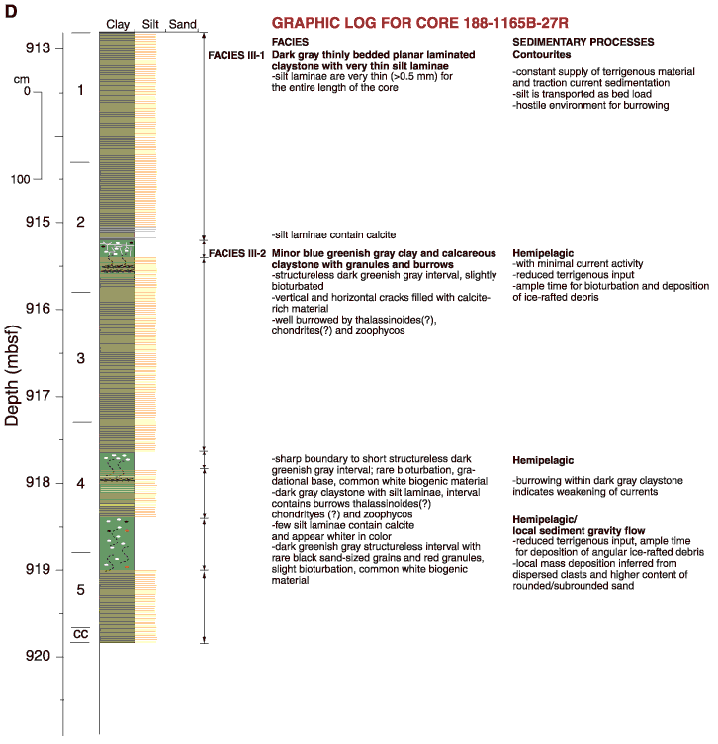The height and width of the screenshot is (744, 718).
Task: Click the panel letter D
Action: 11,11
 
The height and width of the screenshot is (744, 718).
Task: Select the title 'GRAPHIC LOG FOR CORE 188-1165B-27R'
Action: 419,23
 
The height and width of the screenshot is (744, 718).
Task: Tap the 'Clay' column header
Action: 118,24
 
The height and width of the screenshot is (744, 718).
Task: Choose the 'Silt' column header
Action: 150,24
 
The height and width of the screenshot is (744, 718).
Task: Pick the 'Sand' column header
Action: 183,24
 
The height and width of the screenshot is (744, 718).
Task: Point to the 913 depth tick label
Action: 38,47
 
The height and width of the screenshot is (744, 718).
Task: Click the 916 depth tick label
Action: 38,309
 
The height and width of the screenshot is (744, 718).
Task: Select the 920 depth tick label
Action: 38,656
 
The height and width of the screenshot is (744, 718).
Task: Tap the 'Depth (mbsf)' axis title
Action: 12,375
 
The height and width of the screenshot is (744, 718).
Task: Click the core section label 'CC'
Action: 81,634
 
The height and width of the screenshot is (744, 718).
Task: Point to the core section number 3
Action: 81,358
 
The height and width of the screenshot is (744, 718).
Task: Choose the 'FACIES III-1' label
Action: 236,56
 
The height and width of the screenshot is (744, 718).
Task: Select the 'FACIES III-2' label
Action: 237,254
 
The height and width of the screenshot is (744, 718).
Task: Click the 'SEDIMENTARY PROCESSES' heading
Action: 583,42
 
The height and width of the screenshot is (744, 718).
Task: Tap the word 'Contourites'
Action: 542,55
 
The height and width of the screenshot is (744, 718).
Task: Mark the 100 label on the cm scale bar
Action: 21,179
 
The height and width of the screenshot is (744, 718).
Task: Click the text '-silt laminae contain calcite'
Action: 333,234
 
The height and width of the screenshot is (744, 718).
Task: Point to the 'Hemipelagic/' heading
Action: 544,519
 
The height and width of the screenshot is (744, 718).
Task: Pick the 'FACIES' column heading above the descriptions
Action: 290,42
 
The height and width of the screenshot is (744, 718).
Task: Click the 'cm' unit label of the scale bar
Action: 22,79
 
